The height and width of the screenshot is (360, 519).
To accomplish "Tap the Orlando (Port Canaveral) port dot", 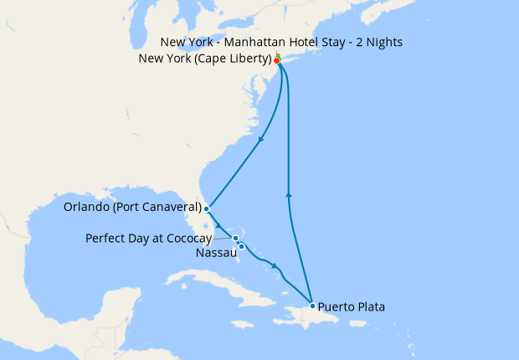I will click(206, 208).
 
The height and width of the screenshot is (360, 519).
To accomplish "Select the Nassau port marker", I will click(241, 246).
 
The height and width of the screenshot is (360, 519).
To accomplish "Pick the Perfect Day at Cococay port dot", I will click(236, 239).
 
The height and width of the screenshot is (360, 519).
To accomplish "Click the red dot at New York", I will click(276, 60).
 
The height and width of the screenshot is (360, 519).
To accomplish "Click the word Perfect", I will click(105, 239).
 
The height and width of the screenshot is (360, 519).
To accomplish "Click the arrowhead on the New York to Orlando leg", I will click(261, 139).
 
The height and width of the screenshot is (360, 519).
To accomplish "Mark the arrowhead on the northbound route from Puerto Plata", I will click(289, 195).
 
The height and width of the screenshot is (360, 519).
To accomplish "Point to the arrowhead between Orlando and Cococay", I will click(220, 225).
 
